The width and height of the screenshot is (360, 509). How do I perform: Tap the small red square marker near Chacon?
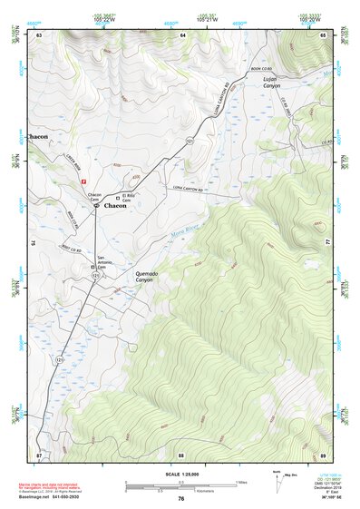[x=84, y=181]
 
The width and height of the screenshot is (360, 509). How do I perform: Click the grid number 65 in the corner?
[x=324, y=34]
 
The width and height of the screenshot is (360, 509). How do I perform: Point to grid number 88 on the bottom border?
[x=181, y=455]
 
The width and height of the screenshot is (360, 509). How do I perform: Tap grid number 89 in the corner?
[x=323, y=455]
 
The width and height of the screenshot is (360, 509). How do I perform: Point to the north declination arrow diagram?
[x=279, y=483]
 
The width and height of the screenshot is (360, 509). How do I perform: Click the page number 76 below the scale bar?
[x=180, y=499]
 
